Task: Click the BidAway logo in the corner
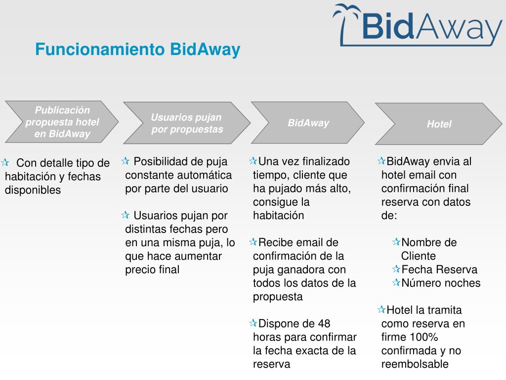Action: click(418, 25)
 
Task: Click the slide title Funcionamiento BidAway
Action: click(137, 50)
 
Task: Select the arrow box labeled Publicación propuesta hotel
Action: click(62, 122)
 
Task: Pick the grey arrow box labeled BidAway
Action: click(308, 123)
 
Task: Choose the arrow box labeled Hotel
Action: click(439, 124)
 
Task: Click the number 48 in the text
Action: click(324, 324)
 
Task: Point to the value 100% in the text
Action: click(424, 337)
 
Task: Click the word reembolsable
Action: click(415, 365)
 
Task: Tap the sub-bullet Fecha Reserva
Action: click(439, 270)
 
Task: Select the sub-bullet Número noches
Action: click(441, 283)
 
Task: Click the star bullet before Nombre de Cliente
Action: click(396, 242)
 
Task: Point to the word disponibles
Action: click(33, 190)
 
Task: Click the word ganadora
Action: click(299, 270)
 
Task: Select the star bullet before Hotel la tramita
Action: click(381, 310)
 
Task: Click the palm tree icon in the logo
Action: click(348, 20)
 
